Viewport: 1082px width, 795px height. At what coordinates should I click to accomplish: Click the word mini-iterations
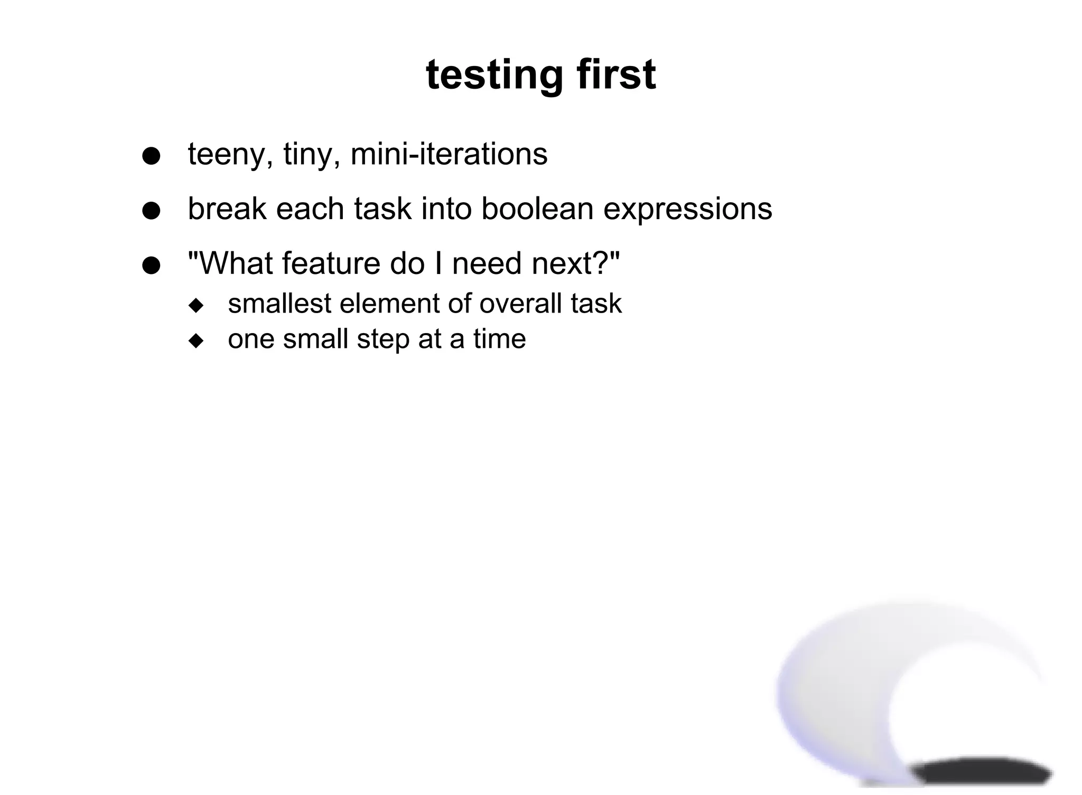pyautogui.click(x=449, y=154)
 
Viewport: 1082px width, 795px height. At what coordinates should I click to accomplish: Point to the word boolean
pyautogui.click(x=537, y=209)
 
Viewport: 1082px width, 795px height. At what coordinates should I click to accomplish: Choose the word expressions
pyautogui.click(x=687, y=210)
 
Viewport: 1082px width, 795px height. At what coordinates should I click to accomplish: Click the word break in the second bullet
pyautogui.click(x=227, y=209)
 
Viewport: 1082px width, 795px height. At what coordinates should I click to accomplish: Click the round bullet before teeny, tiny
pyautogui.click(x=151, y=157)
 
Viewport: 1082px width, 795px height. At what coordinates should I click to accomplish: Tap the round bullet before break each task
pyautogui.click(x=151, y=211)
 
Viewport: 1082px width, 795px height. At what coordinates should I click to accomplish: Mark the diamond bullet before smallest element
pyautogui.click(x=196, y=306)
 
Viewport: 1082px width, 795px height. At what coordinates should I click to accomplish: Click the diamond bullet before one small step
pyautogui.click(x=196, y=341)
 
